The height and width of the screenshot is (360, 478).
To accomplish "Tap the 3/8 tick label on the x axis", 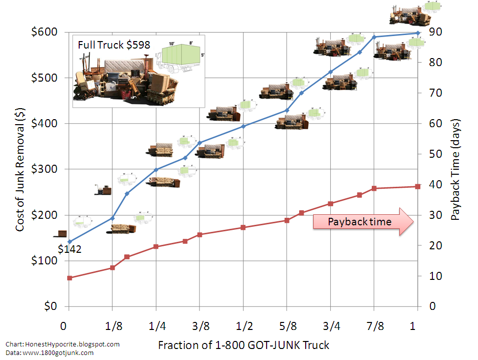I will [x=200, y=326].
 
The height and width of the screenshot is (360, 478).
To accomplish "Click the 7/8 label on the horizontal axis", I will [x=374, y=326].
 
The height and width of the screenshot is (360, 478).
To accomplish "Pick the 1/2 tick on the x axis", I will [x=244, y=326].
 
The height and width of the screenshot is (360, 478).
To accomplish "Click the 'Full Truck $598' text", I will [x=114, y=45].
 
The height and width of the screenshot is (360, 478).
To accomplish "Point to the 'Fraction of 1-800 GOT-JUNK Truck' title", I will [x=244, y=345].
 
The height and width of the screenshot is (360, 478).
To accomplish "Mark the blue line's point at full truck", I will [x=417, y=34].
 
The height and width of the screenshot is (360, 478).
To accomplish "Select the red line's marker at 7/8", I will [x=374, y=188].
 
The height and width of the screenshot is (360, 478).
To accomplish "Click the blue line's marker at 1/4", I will [x=156, y=170].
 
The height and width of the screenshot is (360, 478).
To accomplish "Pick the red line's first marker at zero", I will [x=70, y=278].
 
